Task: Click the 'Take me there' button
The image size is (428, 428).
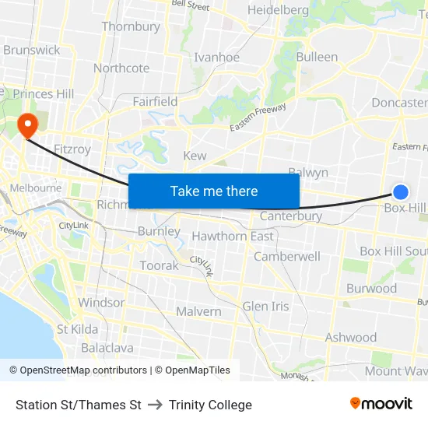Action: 214,191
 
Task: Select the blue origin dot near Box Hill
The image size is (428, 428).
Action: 401,191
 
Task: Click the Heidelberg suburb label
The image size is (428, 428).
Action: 279,10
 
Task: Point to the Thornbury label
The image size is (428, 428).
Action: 131,26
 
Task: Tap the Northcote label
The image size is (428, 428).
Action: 121,68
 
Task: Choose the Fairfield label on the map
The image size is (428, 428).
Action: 155,101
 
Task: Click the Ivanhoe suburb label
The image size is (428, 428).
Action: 216,57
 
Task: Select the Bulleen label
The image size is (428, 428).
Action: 317,57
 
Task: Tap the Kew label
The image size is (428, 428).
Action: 195,156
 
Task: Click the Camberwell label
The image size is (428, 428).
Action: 287,256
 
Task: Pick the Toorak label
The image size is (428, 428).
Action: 159,265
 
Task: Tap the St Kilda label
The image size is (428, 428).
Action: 78,329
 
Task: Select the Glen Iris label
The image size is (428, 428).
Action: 265,306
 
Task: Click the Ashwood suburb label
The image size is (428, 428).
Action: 351,337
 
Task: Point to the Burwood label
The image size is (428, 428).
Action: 371,288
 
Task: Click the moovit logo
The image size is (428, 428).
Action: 381,404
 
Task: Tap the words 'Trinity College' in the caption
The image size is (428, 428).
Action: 210,405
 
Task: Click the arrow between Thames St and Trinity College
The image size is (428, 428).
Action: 155,405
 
